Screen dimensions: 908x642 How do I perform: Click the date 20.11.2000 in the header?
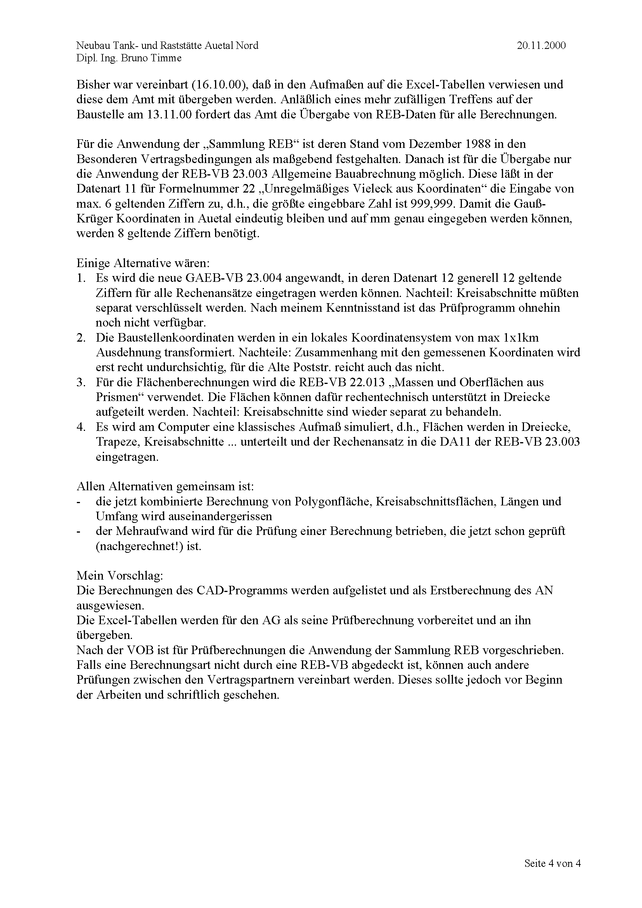click(x=541, y=46)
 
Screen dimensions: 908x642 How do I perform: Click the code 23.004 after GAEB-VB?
click(x=264, y=278)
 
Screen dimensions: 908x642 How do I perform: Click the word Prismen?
click(x=121, y=397)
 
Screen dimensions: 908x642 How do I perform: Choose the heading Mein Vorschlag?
click(x=120, y=576)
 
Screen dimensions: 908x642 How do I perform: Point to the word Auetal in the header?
click(x=219, y=46)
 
